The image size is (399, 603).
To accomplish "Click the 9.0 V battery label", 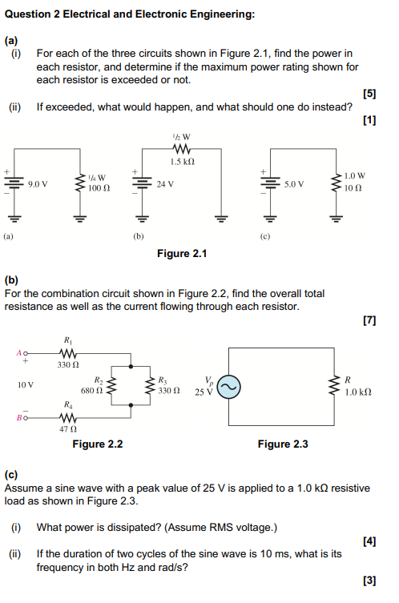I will [x=38, y=183].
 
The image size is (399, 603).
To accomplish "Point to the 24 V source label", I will [x=166, y=183].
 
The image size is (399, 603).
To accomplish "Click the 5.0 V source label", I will [x=294, y=183].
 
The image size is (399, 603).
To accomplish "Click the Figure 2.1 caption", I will [x=182, y=254].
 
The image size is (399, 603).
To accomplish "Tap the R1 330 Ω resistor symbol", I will [x=67, y=352].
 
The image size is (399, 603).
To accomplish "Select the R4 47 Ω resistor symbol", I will [x=67, y=417].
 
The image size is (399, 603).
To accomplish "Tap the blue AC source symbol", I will [x=228, y=386].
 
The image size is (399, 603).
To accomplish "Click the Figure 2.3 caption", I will [x=283, y=444].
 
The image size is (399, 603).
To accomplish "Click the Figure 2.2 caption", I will [x=98, y=444].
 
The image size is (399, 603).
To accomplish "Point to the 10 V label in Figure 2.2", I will [x=26, y=385].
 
